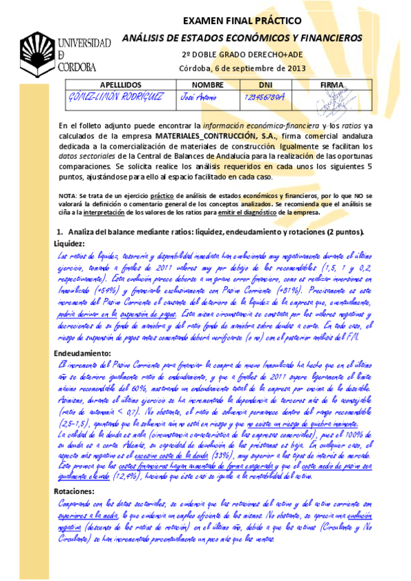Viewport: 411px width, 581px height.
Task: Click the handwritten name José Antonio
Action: click(x=196, y=98)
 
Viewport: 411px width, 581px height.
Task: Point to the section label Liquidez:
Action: click(x=69, y=244)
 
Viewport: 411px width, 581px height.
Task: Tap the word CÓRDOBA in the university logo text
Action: click(x=81, y=68)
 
